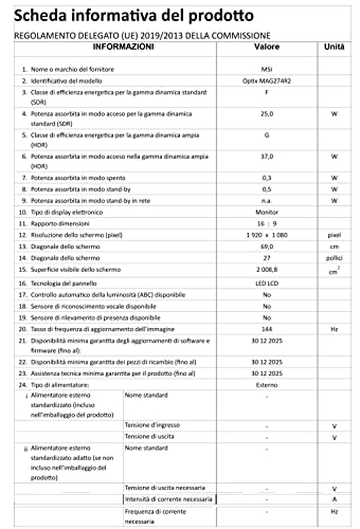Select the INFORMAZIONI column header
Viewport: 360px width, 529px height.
(123, 47)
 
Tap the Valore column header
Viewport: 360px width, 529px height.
(267, 47)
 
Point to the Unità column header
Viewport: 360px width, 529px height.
(334, 47)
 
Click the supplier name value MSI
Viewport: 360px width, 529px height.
(267, 69)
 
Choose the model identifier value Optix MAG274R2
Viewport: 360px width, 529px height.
(267, 81)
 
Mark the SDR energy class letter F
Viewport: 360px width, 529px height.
(267, 92)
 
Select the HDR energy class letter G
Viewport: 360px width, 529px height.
(267, 135)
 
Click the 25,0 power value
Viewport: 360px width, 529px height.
(267, 114)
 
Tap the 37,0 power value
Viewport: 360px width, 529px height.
(267, 157)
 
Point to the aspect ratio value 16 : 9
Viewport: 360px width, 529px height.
(267, 224)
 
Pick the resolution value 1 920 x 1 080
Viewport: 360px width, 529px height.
(267, 235)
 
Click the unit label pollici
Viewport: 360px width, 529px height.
(334, 258)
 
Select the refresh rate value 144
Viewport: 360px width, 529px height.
(267, 329)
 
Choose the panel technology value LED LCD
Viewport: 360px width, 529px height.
(267, 283)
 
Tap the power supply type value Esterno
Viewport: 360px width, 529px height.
(267, 385)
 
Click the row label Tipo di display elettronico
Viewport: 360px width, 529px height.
(67, 212)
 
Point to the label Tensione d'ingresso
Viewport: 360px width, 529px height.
(152, 425)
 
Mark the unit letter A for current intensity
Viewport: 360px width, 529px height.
(334, 499)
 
